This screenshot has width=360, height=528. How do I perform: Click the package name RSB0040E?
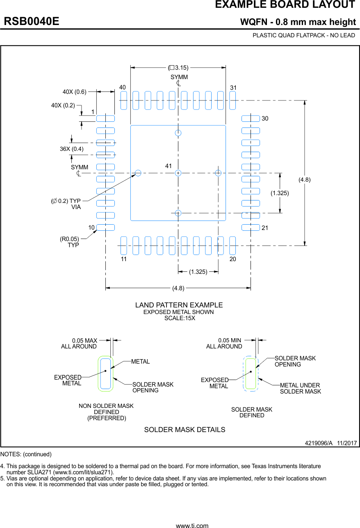coord(32,22)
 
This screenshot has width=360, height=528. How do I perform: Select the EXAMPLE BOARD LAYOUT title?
coord(285,5)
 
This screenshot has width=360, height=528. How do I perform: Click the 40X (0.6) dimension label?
coord(74,92)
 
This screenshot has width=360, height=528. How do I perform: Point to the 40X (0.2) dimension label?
coord(63,105)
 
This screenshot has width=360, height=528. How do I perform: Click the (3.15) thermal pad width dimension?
coord(178,68)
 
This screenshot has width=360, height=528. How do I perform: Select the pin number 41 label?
coord(169,166)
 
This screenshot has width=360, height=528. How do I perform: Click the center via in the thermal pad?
coord(178,173)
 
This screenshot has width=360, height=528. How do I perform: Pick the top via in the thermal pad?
coord(178,133)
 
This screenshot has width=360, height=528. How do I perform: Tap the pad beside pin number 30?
coord(251,118)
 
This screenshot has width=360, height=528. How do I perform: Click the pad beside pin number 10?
coord(105,227)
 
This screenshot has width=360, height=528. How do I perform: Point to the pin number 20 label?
coord(232,259)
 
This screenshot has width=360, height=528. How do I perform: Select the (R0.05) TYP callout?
coord(69,242)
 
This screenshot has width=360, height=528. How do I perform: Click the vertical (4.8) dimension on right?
coord(304,180)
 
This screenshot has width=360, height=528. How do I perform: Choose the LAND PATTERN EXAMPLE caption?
coord(179,305)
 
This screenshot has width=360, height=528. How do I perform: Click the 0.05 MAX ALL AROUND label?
coord(79,344)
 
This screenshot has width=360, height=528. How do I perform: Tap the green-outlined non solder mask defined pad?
coord(106,373)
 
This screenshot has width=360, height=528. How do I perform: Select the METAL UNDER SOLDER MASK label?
coord(300,388)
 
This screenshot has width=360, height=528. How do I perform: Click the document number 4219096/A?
coord(319,444)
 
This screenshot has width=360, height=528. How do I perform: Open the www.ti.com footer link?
coord(192,525)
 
